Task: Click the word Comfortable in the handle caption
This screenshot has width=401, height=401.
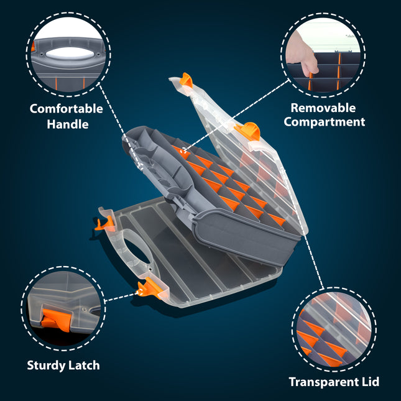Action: click(x=67, y=109)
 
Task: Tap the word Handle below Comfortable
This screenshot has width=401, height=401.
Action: click(x=68, y=124)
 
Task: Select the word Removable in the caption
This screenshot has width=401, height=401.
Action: click(x=323, y=108)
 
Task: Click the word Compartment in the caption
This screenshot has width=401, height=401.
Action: click(x=325, y=122)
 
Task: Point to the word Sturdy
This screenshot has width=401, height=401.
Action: click(x=44, y=366)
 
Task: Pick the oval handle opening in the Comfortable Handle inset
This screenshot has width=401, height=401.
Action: click(x=70, y=53)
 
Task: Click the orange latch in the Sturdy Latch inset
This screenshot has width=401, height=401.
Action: click(x=55, y=319)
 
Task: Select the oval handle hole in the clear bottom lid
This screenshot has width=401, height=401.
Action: click(x=137, y=251)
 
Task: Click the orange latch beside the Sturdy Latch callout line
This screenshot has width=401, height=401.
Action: click(x=150, y=288)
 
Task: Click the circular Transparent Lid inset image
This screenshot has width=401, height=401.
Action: click(x=334, y=330)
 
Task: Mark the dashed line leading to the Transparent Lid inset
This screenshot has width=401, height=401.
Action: click(x=313, y=262)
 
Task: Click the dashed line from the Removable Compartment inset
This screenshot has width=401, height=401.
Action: click(x=237, y=115)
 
